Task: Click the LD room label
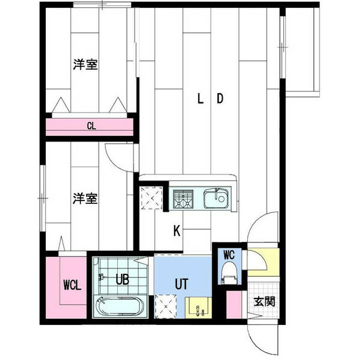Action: point(211,99)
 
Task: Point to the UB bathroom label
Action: point(122,279)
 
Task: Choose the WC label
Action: point(229,254)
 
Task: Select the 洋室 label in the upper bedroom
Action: point(86,64)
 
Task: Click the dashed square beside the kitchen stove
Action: point(152,198)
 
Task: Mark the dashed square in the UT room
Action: point(167,307)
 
